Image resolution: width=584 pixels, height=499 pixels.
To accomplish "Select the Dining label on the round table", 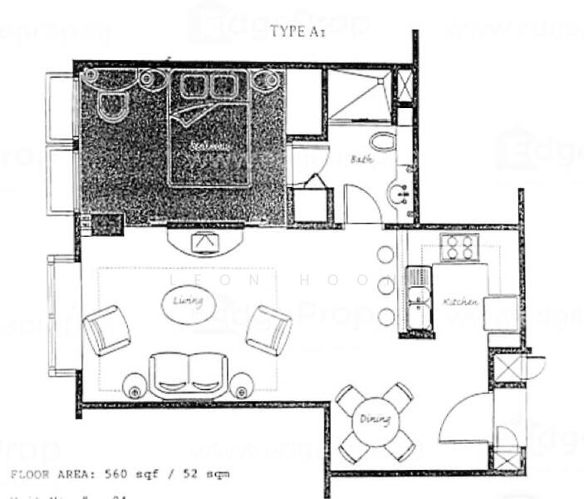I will coord(375,419).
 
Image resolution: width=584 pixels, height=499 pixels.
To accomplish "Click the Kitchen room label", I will coord(459,301).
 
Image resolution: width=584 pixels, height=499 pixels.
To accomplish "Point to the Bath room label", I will coord(361,158).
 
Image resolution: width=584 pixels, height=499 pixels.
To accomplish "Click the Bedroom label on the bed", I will coord(208,146).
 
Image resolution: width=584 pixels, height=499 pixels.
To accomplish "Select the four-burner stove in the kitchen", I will coord(459,246).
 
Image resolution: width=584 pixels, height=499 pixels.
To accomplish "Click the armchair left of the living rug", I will coord(106,329).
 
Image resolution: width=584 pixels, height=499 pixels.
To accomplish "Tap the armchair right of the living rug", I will coord(268,329).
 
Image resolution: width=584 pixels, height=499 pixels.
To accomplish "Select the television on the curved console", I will coord(204,241).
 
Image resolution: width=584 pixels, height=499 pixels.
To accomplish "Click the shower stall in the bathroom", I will coord(356,96).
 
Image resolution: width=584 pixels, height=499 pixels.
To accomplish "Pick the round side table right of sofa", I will coord(241,384).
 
